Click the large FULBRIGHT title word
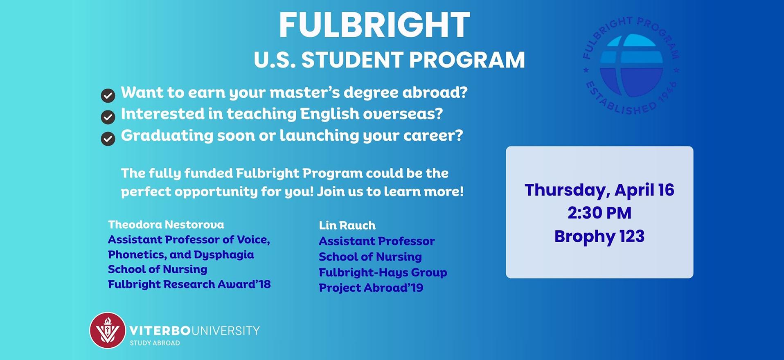click(374, 25)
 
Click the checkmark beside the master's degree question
click(108, 96)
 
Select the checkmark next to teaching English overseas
click(108, 117)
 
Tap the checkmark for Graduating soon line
click(108, 139)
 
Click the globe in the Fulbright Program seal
click(631, 66)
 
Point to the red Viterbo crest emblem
click(108, 330)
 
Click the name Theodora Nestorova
click(166, 225)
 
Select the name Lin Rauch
click(347, 225)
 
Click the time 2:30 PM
click(599, 213)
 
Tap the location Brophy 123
click(599, 236)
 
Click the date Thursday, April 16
click(599, 190)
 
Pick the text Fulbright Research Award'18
click(189, 284)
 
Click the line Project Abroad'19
click(371, 288)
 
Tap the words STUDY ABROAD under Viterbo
click(155, 343)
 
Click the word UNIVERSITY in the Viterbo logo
click(225, 331)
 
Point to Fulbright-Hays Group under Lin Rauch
click(383, 272)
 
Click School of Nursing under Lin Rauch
click(370, 257)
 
